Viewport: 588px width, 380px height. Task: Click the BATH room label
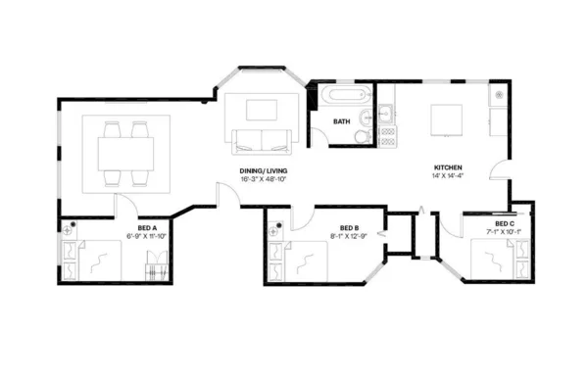(341, 122)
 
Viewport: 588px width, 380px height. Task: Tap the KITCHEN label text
(449, 168)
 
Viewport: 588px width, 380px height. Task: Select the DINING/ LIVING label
(265, 171)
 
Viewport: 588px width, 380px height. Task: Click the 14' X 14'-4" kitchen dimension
(449, 178)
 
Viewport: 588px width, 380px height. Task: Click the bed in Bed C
(496, 259)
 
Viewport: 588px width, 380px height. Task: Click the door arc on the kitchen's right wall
(500, 165)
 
